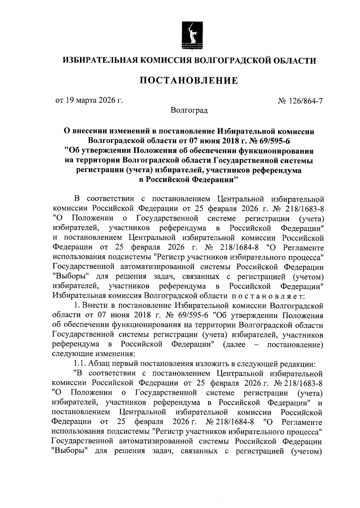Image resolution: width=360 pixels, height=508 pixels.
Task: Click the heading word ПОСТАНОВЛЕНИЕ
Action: click(189, 81)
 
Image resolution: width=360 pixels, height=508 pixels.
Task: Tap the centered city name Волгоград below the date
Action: click(189, 110)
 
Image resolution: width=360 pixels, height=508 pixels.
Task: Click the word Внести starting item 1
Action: click(96, 306)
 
